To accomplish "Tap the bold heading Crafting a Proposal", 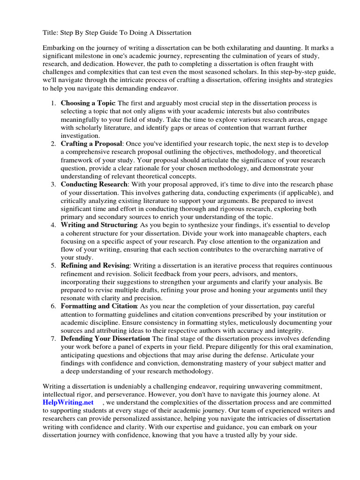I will click(x=92, y=143).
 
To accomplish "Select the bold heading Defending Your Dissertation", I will click(x=105, y=338).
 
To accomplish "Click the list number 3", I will click(x=53, y=184).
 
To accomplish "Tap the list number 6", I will click(x=53, y=306).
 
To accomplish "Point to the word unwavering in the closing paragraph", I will click(x=251, y=386).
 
